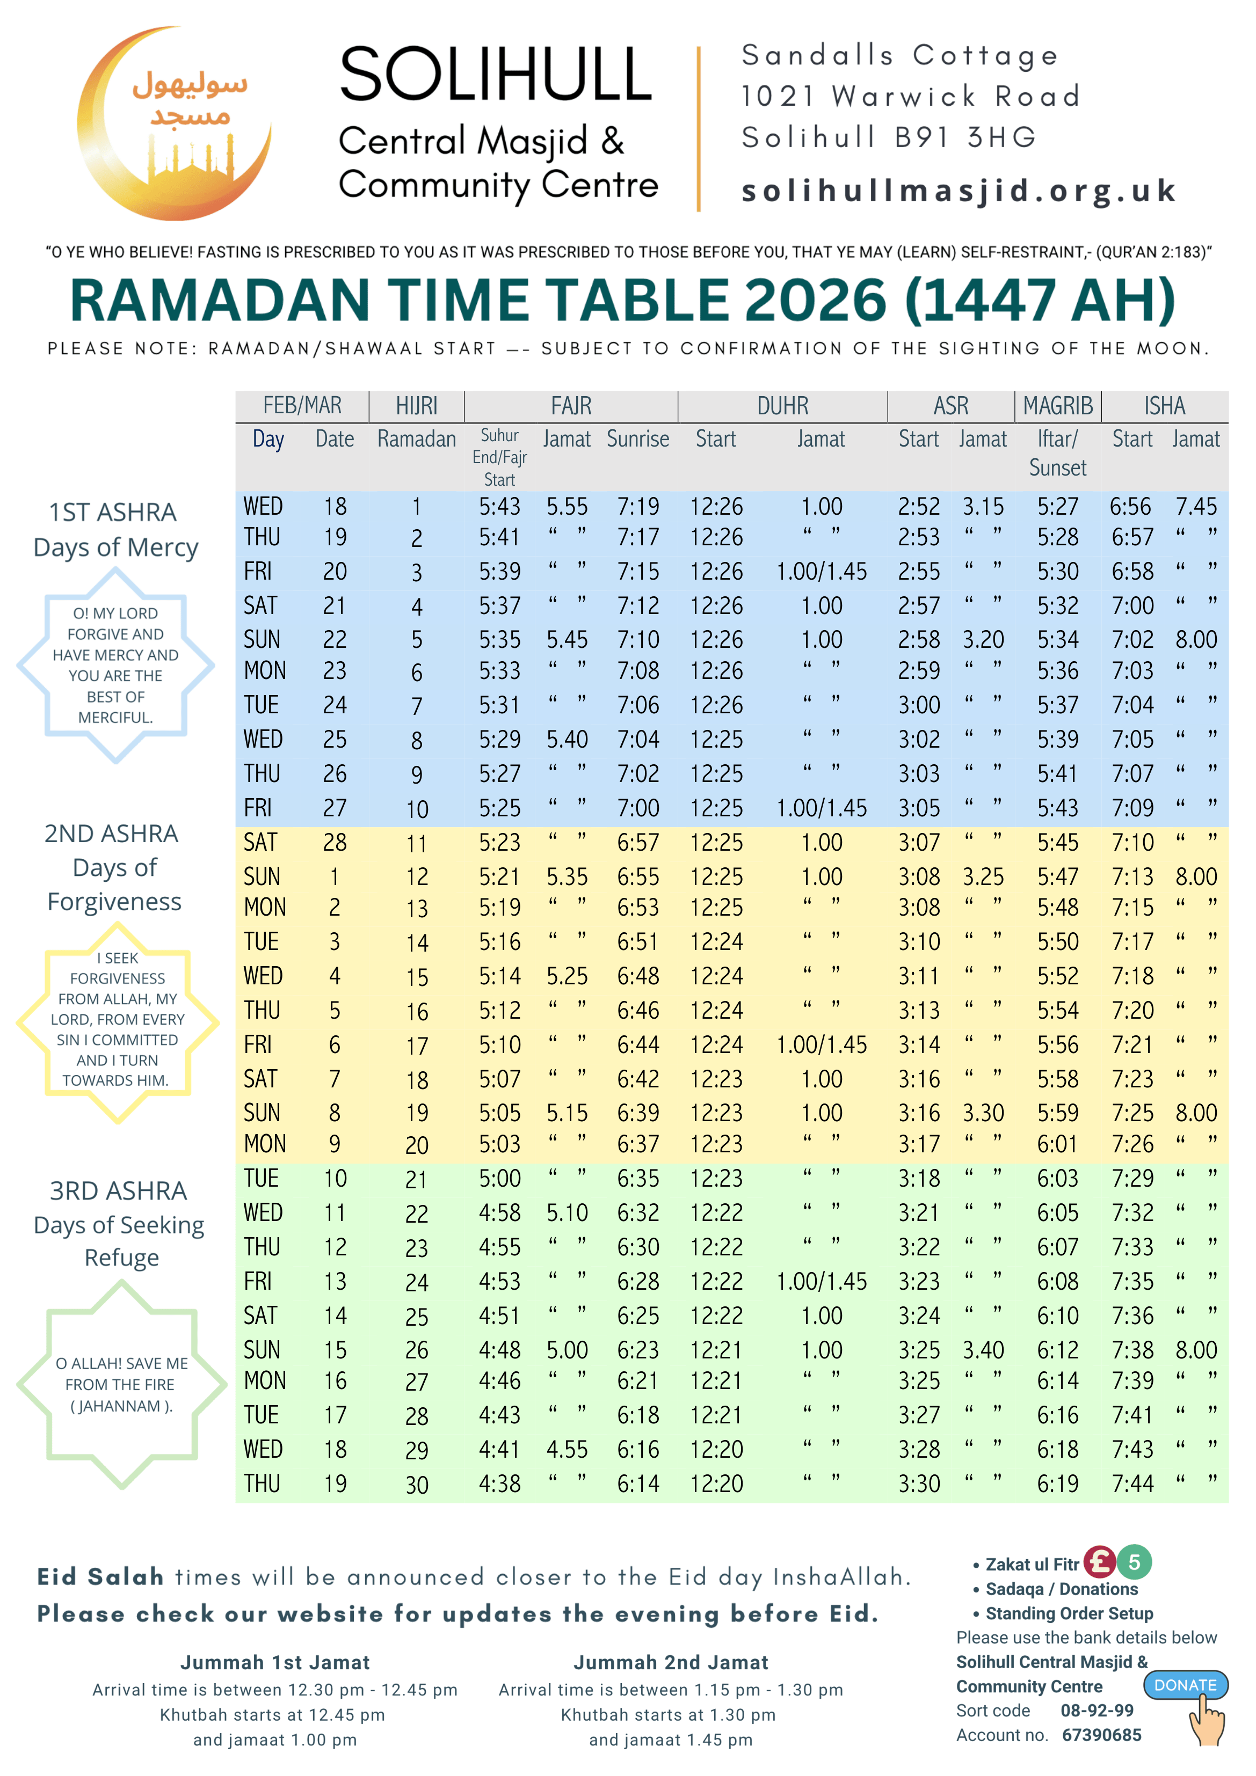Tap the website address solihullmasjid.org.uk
pyautogui.click(x=958, y=191)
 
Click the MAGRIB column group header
pyautogui.click(x=1057, y=405)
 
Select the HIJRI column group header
pyautogui.click(x=416, y=405)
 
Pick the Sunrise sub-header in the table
pyautogui.click(x=638, y=440)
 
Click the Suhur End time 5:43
pyautogui.click(x=499, y=507)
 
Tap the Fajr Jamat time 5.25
pyautogui.click(x=567, y=976)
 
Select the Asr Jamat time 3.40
pyautogui.click(x=983, y=1350)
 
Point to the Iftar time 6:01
pyautogui.click(x=1057, y=1144)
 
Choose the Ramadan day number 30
pyautogui.click(x=416, y=1485)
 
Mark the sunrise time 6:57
pyautogui.click(x=638, y=842)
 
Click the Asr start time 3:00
pyautogui.click(x=919, y=705)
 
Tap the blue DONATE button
pyautogui.click(x=1185, y=1685)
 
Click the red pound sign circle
pyautogui.click(x=1099, y=1562)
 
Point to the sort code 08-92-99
pyautogui.click(x=1097, y=1710)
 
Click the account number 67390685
pyautogui.click(x=1101, y=1735)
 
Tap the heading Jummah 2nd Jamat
pyautogui.click(x=670, y=1662)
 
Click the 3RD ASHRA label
pyautogui.click(x=118, y=1190)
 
